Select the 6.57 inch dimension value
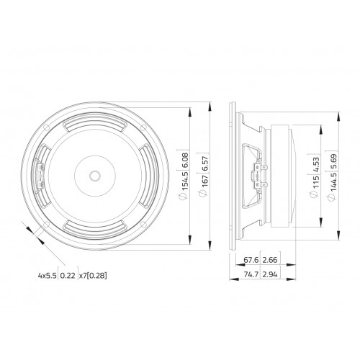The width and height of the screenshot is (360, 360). (205, 163)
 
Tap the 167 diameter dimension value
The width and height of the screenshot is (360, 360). (205, 182)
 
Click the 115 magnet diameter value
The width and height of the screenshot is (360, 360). (316, 182)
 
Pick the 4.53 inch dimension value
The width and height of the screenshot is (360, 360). (316, 164)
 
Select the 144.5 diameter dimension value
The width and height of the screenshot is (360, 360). (334, 182)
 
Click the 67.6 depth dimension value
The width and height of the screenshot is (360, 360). (251, 260)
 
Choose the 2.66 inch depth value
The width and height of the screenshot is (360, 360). (270, 260)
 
